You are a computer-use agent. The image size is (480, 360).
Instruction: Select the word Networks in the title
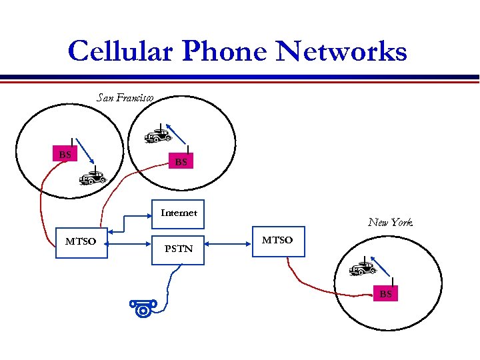(x=342, y=51)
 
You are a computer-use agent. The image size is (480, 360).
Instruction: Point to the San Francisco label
(x=125, y=98)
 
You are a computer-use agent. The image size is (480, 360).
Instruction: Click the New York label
(x=390, y=222)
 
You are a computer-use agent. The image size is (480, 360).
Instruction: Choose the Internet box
(x=179, y=213)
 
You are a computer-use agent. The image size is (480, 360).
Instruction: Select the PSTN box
(x=179, y=248)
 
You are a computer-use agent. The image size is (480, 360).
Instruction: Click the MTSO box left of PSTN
(x=81, y=241)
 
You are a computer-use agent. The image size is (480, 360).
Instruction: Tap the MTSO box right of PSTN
(x=277, y=240)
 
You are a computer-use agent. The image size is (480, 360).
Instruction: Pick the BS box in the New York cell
(x=386, y=293)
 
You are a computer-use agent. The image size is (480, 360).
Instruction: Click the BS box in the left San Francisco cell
(x=65, y=155)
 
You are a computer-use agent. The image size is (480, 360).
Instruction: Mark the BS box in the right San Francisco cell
(x=181, y=161)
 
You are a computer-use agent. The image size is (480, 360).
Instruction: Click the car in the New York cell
(x=363, y=269)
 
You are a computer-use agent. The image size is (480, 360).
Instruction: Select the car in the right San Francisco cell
(x=158, y=136)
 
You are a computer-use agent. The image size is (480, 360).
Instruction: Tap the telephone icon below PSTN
(x=143, y=307)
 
